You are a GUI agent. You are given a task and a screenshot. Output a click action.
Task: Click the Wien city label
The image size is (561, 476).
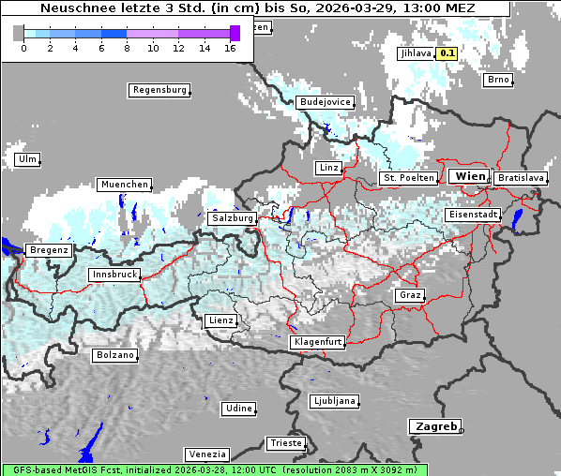click(x=469, y=176)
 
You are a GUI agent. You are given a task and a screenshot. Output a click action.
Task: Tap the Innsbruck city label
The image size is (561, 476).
click(x=114, y=275)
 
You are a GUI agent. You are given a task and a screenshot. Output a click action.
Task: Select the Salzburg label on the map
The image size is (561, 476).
click(x=233, y=217)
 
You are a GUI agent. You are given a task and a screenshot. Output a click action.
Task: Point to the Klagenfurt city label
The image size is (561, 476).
click(x=317, y=342)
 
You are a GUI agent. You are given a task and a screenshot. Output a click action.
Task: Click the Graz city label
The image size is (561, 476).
click(x=409, y=295)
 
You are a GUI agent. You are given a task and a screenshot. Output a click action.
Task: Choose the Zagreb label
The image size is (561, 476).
click(x=434, y=426)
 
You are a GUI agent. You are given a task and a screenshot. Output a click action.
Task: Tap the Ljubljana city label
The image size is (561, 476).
click(x=333, y=401)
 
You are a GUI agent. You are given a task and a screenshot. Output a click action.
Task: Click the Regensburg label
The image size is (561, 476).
click(x=159, y=90)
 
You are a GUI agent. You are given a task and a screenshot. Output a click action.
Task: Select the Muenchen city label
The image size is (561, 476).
click(x=124, y=185)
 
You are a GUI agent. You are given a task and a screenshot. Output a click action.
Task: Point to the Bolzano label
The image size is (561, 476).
click(x=114, y=355)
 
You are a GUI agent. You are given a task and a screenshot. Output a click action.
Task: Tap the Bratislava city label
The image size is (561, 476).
click(x=519, y=177)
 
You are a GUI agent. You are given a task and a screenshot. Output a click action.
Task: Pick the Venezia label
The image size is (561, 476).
click(x=205, y=454)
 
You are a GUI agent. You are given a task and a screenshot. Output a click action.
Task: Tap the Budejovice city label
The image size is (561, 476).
click(x=325, y=101)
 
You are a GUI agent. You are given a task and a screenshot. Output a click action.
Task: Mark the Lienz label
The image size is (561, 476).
click(x=220, y=320)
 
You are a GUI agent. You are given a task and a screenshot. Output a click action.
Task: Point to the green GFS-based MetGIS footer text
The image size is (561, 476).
click(x=214, y=469)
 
